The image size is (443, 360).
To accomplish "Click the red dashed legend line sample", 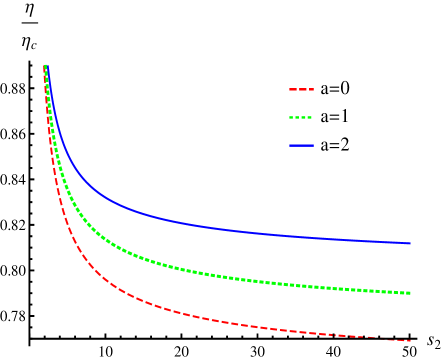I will (x=301, y=89).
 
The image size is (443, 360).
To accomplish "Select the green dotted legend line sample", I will (x=301, y=117).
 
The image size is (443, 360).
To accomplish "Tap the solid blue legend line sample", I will (x=301, y=145).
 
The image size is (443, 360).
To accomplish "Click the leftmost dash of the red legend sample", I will (x=293, y=89).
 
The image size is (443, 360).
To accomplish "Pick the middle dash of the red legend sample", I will (x=302, y=89).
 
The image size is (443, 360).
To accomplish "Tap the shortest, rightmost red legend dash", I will (x=311, y=89).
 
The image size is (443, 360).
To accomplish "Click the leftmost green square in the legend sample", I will (x=292, y=117).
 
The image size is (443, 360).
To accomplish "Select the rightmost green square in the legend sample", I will (x=310, y=117).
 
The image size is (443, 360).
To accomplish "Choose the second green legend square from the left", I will (x=298, y=117).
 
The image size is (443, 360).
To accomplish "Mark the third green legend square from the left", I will (x=304, y=117).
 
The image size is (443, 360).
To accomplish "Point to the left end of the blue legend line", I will (x=291, y=145).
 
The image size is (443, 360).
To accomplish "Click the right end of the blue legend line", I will (x=312, y=145).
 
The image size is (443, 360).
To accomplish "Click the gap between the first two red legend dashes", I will (x=297, y=89).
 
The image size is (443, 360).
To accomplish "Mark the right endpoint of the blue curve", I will (x=410, y=243).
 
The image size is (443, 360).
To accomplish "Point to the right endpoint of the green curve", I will (x=410, y=293).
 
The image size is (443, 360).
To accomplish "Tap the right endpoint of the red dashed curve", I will (x=410, y=341).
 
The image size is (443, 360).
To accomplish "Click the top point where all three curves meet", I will (x=45, y=66).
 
